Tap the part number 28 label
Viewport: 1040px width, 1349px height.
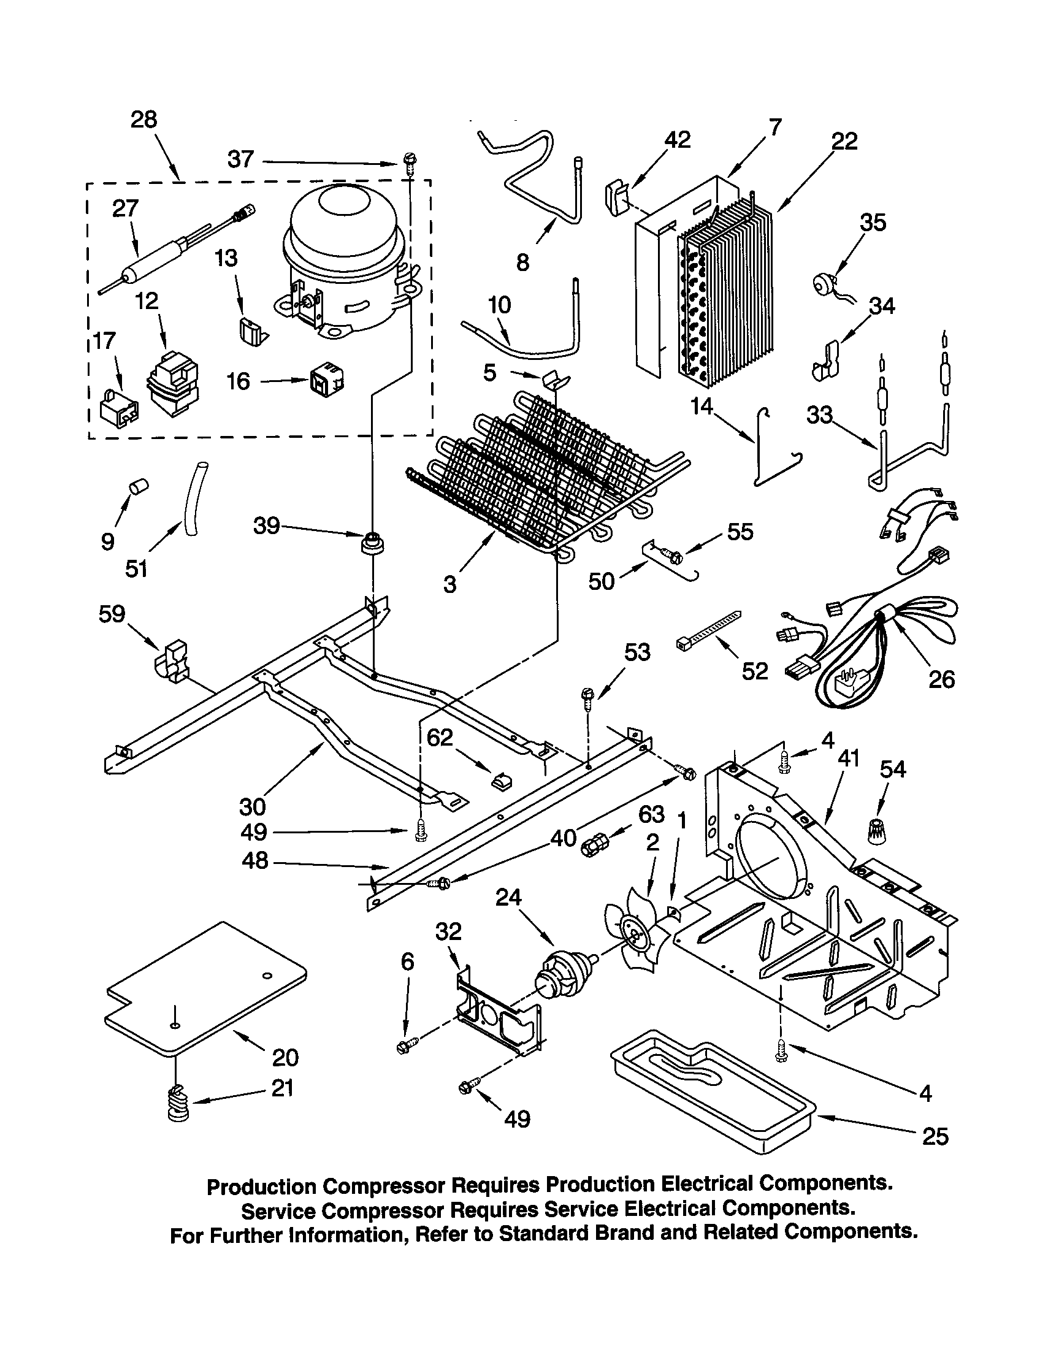tap(143, 119)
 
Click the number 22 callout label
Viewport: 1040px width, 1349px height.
tap(844, 142)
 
